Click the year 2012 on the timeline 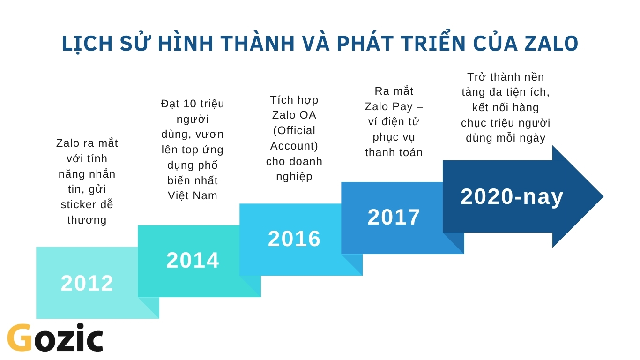pyautogui.click(x=87, y=283)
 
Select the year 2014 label pyautogui.click(x=193, y=260)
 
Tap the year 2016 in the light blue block pyautogui.click(x=294, y=239)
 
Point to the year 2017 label pyautogui.click(x=394, y=217)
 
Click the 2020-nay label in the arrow pyautogui.click(x=512, y=197)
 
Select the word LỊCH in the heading pyautogui.click(x=87, y=44)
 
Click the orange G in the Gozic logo pyautogui.click(x=19, y=337)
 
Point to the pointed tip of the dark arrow pyautogui.click(x=603, y=196)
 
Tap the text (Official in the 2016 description pyautogui.click(x=294, y=131)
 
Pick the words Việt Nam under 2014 pyautogui.click(x=192, y=196)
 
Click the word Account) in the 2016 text pyautogui.click(x=294, y=146)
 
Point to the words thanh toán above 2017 pyautogui.click(x=394, y=152)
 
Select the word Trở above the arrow pyautogui.click(x=477, y=77)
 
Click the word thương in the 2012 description pyautogui.click(x=87, y=220)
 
